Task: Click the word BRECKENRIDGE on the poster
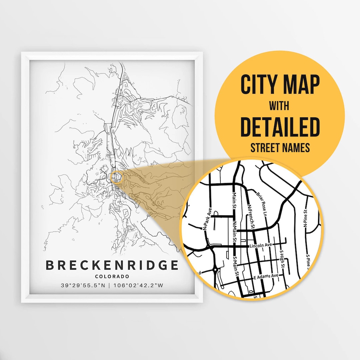(112, 265)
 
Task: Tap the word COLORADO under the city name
(112, 276)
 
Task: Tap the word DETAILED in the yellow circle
(280, 127)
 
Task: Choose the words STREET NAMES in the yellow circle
(280, 148)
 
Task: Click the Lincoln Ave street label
(261, 245)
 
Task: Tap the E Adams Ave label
(266, 277)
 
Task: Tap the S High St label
(282, 260)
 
